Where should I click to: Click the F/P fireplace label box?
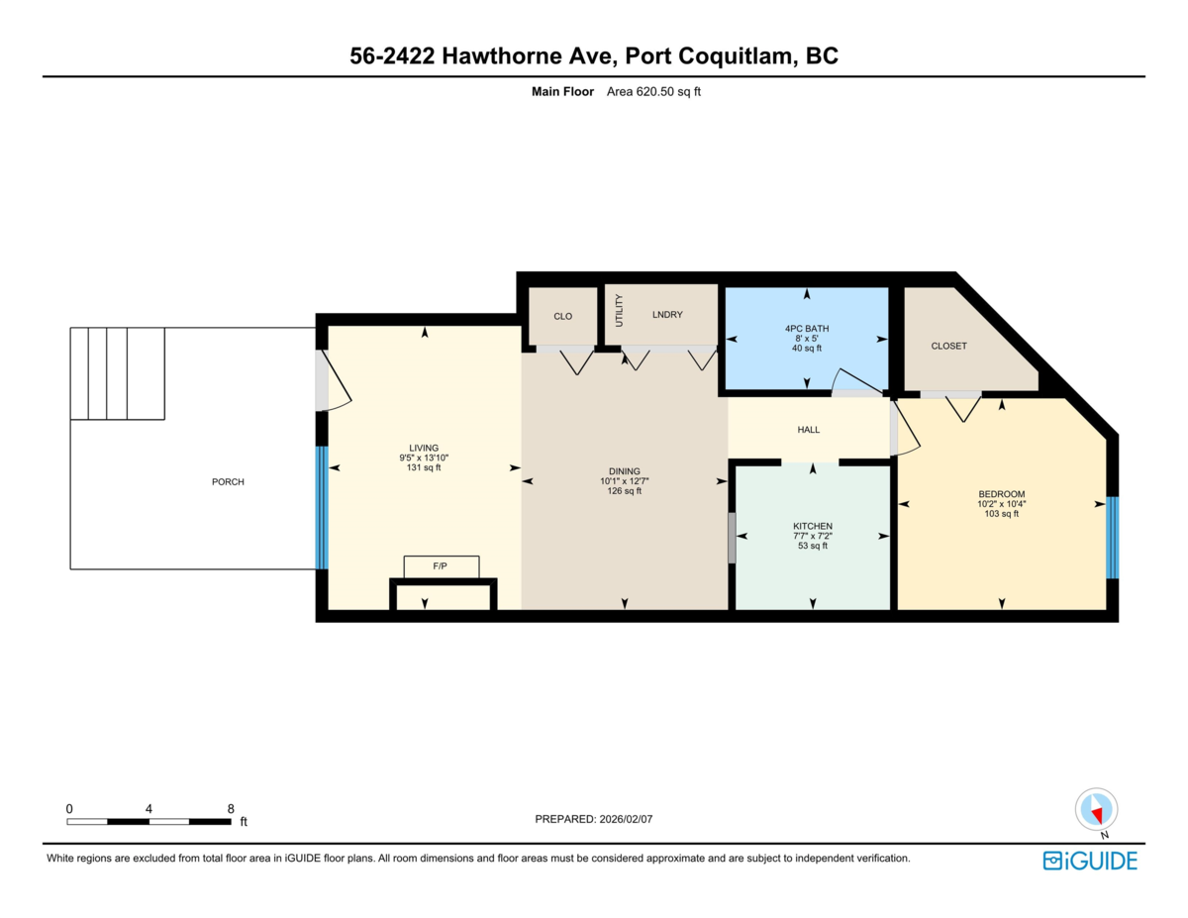[441, 566]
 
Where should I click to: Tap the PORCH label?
[228, 482]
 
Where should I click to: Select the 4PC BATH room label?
[807, 328]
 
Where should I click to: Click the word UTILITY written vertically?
[620, 311]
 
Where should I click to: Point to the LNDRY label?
[668, 315]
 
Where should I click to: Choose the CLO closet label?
[562, 316]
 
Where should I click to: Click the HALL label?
[809, 430]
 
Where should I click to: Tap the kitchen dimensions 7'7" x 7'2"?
[813, 537]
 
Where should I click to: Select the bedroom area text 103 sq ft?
[1002, 514]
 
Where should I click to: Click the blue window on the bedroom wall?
[1112, 537]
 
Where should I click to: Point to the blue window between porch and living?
[321, 507]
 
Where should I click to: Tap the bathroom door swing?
[852, 381]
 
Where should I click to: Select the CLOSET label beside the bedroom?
[948, 346]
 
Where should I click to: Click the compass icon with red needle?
[1096, 809]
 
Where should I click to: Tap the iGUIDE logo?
[1090, 861]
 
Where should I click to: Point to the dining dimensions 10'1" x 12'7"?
[624, 481]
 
